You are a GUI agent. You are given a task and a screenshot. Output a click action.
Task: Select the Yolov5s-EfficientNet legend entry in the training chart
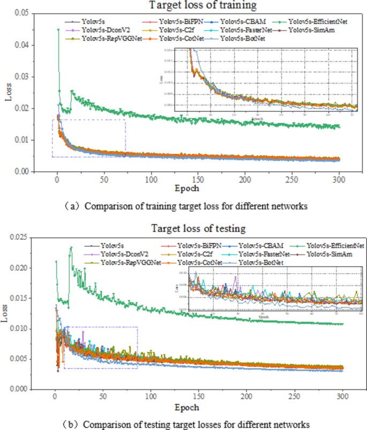pos(316,22)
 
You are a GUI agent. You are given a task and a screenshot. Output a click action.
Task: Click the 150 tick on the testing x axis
pos(199,398)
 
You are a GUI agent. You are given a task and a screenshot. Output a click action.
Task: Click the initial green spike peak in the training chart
pos(58,30)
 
